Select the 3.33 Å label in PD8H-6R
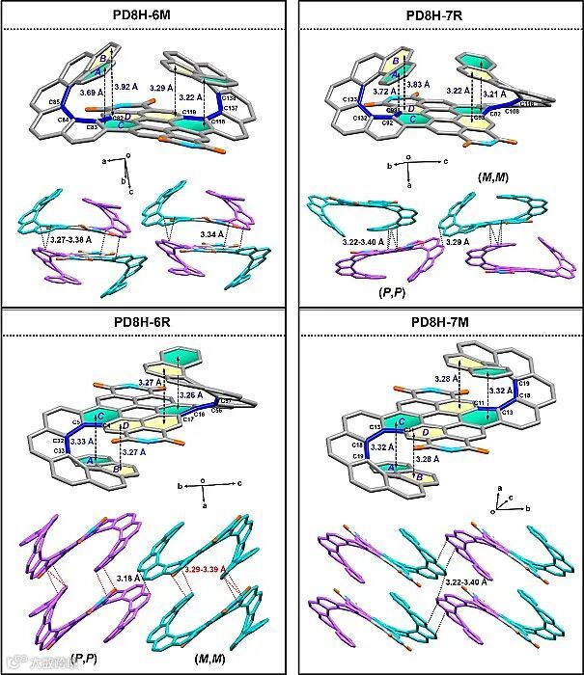coord(83,442)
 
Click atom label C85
coord(53,100)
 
